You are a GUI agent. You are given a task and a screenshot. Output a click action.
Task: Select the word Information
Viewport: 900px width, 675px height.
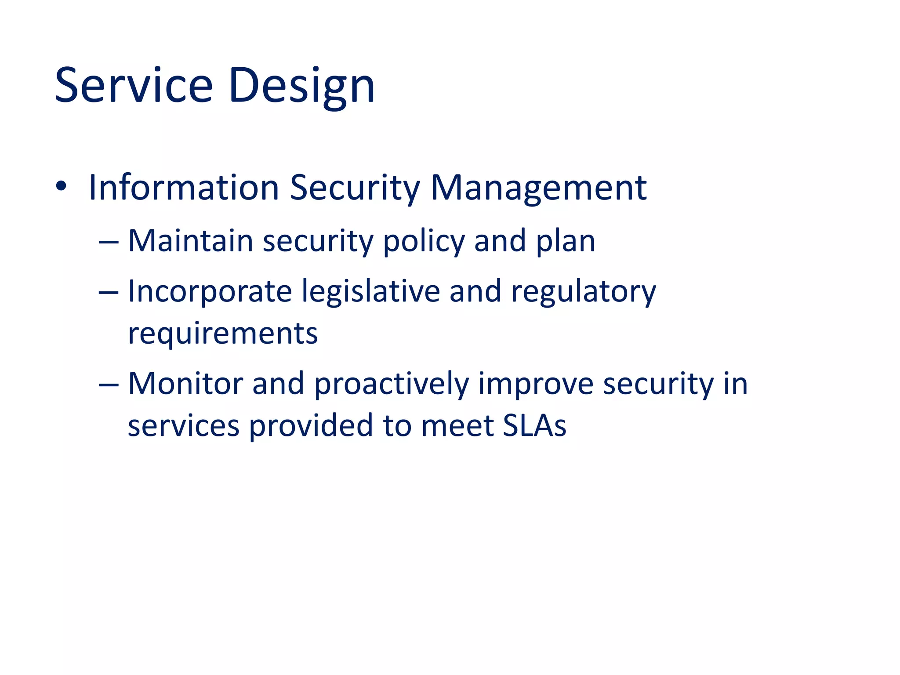(x=184, y=188)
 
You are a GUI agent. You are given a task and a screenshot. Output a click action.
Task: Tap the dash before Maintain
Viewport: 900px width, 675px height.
(x=109, y=242)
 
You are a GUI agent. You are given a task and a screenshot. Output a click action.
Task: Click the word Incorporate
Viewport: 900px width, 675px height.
(x=210, y=292)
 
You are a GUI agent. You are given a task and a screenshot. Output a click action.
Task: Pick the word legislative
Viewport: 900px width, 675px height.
(x=370, y=292)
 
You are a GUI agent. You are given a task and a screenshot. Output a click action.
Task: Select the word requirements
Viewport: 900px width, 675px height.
(x=222, y=334)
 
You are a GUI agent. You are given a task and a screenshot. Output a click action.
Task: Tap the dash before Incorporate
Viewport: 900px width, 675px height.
(x=109, y=292)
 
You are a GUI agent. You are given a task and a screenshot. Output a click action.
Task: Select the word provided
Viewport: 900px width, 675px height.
(x=311, y=426)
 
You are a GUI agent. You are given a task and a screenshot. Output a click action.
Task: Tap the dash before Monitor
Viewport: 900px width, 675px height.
(x=109, y=385)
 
